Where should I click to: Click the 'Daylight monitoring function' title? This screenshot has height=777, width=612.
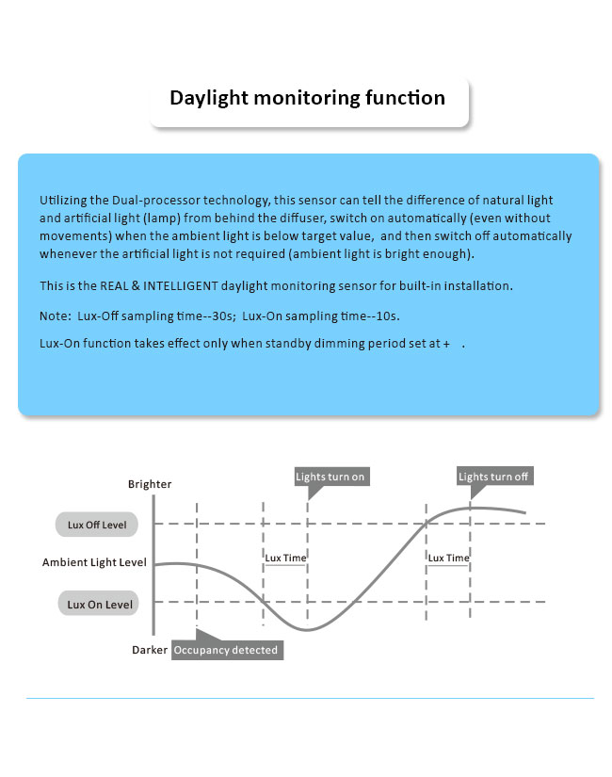click(307, 98)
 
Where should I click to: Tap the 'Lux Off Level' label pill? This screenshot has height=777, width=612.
click(97, 525)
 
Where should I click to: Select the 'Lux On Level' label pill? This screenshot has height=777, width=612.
click(99, 603)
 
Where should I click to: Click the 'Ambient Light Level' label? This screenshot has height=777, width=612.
click(94, 562)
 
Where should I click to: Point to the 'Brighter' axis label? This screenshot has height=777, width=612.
click(150, 484)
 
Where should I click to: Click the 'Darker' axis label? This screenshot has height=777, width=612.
click(149, 650)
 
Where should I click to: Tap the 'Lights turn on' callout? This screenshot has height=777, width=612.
click(331, 477)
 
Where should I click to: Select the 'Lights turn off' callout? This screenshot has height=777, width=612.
click(494, 477)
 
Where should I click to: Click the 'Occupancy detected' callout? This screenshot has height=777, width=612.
click(228, 650)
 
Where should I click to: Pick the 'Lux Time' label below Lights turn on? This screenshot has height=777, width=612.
click(285, 558)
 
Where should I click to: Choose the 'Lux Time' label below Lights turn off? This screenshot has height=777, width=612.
click(448, 558)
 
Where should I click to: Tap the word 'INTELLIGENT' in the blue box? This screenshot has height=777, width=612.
click(181, 286)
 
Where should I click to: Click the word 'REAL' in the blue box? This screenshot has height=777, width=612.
click(114, 286)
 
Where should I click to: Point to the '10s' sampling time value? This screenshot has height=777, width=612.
click(387, 316)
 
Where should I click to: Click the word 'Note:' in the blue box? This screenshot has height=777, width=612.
click(56, 316)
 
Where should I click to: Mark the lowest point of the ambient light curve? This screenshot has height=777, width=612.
click(307, 630)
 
